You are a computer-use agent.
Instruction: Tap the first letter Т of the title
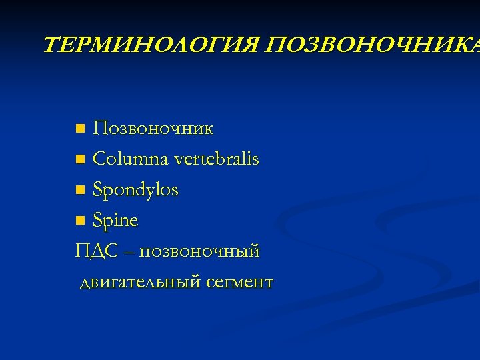51,46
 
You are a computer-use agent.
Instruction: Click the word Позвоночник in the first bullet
153,128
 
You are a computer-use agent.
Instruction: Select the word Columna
130,159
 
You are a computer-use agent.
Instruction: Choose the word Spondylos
136,191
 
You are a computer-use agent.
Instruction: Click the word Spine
115,221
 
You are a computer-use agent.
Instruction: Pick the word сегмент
240,283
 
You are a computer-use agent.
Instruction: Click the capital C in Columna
101,159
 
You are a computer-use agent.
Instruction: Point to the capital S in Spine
99,221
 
